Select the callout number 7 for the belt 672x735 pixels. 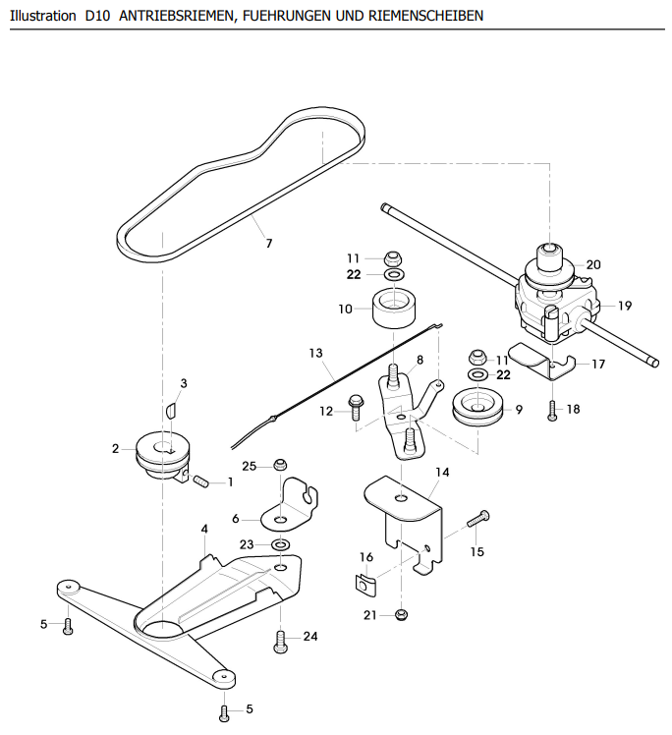pyautogui.click(x=269, y=244)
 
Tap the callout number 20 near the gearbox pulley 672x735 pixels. pyautogui.click(x=593, y=265)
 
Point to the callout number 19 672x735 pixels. pyautogui.click(x=625, y=306)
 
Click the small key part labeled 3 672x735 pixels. pyautogui.click(x=171, y=410)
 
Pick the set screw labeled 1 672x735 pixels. pyautogui.click(x=200, y=481)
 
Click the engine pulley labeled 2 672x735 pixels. pyautogui.click(x=163, y=456)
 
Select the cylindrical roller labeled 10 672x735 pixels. pyautogui.click(x=394, y=309)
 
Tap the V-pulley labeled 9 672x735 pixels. pyautogui.click(x=477, y=407)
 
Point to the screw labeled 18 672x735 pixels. pyautogui.click(x=552, y=411)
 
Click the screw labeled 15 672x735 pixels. pyautogui.click(x=478, y=520)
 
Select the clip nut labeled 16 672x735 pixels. pyautogui.click(x=364, y=586)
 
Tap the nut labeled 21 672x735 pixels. pyautogui.click(x=401, y=614)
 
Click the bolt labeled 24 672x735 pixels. pyautogui.click(x=280, y=642)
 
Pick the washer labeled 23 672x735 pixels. pyautogui.click(x=281, y=544)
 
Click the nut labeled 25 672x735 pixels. pyautogui.click(x=280, y=465)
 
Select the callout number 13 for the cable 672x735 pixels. pyautogui.click(x=315, y=353)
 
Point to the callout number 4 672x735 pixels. pyautogui.click(x=204, y=529)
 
